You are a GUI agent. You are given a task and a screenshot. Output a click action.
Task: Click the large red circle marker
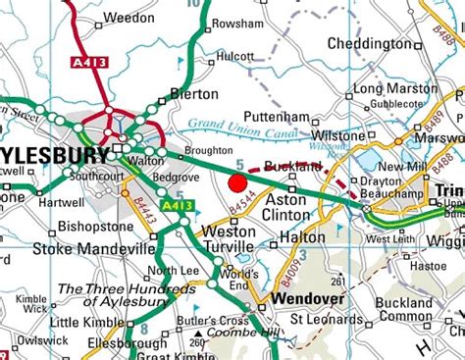pos(236,181)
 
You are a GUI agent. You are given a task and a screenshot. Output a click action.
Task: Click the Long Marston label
pos(395,88)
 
